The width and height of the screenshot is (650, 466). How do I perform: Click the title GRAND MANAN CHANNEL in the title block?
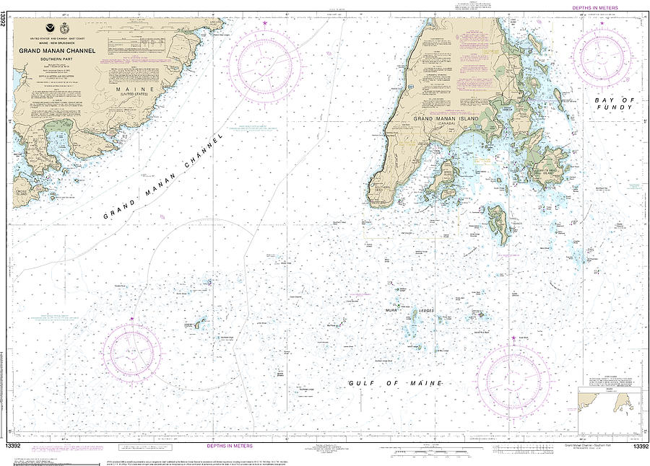pyautogui.click(x=61, y=50)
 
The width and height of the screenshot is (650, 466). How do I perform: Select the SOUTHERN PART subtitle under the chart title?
pyautogui.click(x=61, y=59)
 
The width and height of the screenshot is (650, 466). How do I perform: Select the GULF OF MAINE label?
pyautogui.click(x=394, y=383)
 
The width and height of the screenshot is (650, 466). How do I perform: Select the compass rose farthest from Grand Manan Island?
pyautogui.click(x=131, y=351)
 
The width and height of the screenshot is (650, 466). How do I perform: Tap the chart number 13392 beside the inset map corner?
pyautogui.click(x=639, y=448)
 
